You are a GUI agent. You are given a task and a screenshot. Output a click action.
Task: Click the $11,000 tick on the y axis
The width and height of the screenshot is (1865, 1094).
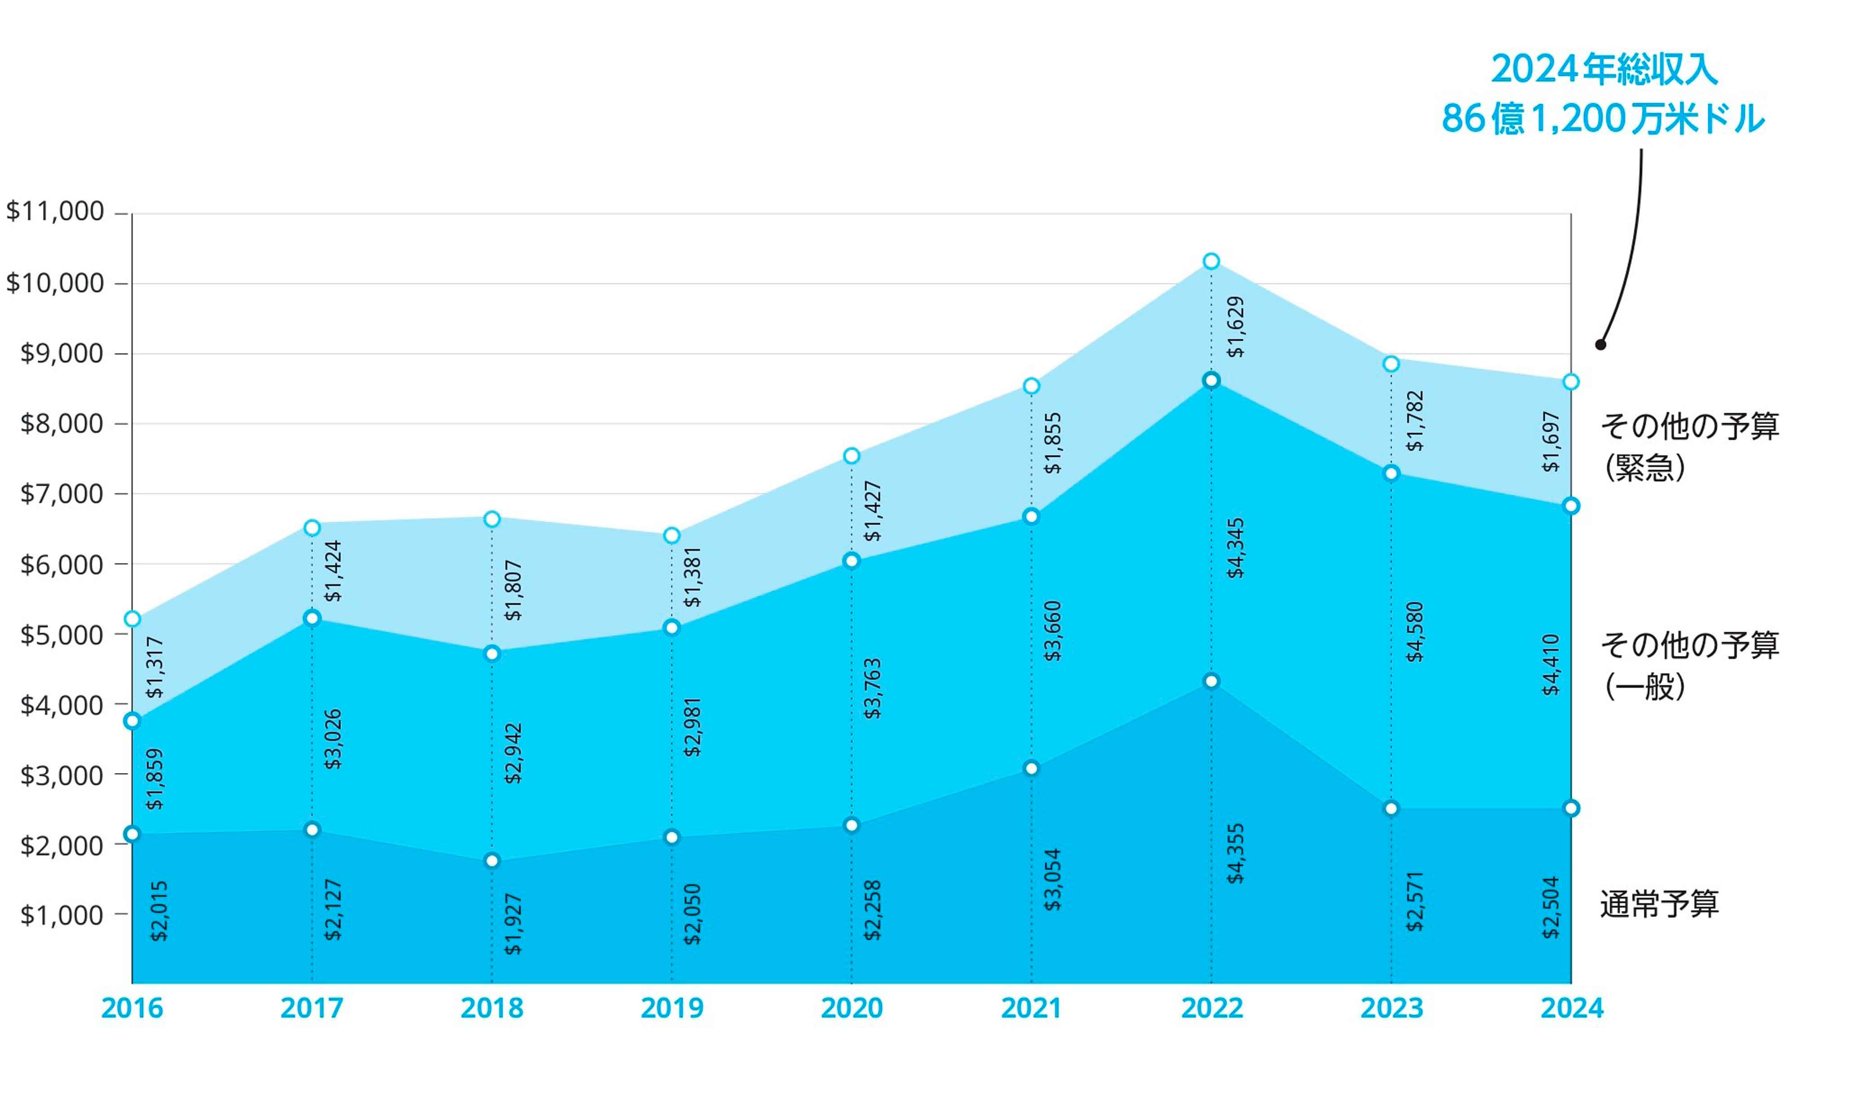[x=56, y=212]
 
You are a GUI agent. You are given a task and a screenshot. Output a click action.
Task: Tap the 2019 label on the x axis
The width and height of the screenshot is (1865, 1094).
[x=671, y=1008]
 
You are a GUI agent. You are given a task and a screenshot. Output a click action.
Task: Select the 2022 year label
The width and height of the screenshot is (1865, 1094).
[x=1211, y=1008]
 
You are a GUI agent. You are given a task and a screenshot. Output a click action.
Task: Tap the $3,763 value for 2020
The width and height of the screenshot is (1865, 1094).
[x=873, y=688]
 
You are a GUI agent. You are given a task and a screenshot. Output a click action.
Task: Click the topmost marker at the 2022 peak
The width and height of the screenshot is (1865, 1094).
[x=1211, y=261]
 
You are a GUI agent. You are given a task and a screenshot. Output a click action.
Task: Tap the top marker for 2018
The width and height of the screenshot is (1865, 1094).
[x=492, y=520]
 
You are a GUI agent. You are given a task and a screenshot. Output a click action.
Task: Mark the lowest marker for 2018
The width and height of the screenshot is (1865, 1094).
[x=492, y=861]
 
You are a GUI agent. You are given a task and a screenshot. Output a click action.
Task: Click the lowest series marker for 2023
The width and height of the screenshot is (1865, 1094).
[x=1392, y=808]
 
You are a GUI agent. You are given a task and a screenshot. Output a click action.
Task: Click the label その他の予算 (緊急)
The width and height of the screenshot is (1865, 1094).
[x=1689, y=446]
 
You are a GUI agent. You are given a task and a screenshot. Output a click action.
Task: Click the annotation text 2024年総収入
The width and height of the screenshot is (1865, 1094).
[x=1604, y=70]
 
